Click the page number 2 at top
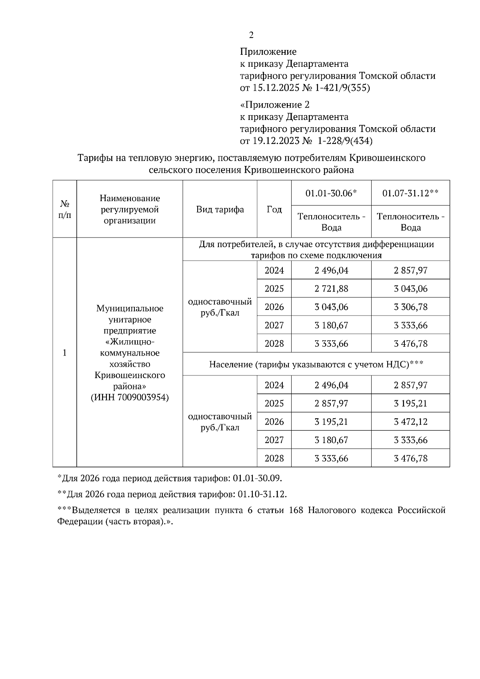tap(251, 35)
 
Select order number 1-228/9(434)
tap(345, 141)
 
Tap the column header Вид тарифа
tap(220, 210)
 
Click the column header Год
tap(274, 210)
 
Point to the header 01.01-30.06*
tap(331, 193)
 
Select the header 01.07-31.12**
tap(410, 193)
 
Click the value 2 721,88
tap(331, 289)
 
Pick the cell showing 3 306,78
tap(410, 307)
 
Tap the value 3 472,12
tap(410, 422)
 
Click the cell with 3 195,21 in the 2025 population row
tap(410, 403)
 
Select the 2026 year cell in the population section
tap(274, 422)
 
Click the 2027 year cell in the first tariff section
tap(274, 326)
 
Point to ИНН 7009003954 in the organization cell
tap(130, 397)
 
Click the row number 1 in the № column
tap(64, 353)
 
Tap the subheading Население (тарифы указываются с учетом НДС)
tap(316, 364)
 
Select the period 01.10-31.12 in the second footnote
tap(262, 494)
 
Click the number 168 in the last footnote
tap(296, 511)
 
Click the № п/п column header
tap(64, 210)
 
